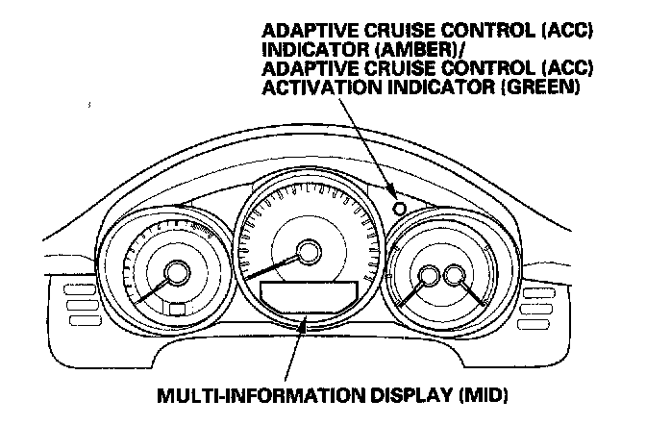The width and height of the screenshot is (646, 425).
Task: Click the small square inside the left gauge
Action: click(x=176, y=309)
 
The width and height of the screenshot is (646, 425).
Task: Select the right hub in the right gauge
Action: click(x=455, y=276)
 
